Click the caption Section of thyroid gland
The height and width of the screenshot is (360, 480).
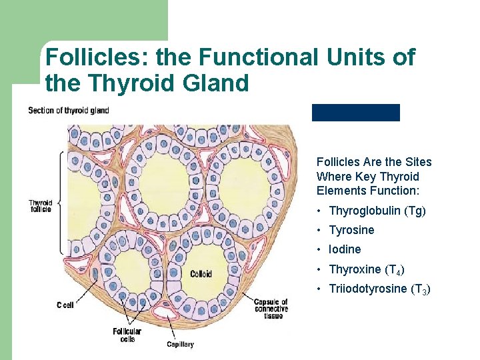tap(68, 110)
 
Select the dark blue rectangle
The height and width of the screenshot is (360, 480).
tap(355, 113)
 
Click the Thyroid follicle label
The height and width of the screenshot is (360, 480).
tap(40, 206)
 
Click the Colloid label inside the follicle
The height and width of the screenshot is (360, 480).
tap(200, 273)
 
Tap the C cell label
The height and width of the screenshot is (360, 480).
tap(65, 305)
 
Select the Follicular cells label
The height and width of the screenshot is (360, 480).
tap(127, 335)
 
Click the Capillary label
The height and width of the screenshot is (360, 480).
tap(180, 344)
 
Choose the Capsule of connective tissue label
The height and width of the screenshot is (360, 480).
tap(271, 309)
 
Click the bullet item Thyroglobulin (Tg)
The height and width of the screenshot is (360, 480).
tap(377, 211)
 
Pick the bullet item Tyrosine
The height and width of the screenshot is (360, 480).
tap(351, 230)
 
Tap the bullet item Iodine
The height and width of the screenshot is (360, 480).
tap(345, 249)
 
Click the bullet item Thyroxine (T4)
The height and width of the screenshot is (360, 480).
tap(366, 269)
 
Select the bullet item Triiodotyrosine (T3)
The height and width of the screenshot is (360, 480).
tap(379, 289)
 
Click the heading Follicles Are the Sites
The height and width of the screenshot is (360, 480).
tap(373, 162)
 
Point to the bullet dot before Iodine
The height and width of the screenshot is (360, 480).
tap(320, 249)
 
